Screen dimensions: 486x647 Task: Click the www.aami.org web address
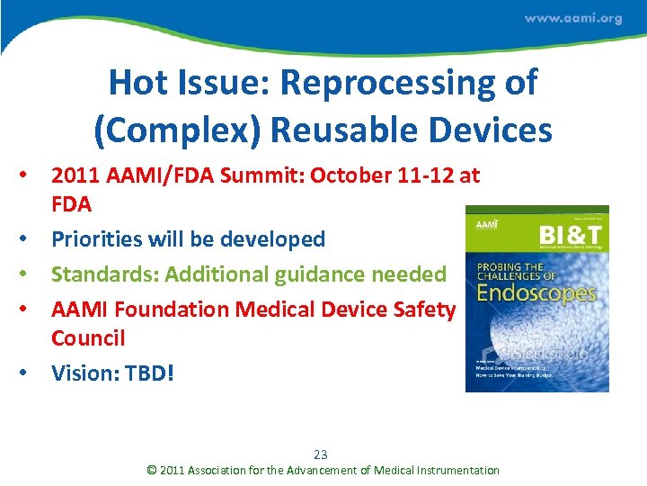pos(572,19)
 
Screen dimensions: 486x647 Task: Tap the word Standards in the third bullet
pos(101,274)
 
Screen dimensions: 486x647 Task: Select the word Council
pos(88,338)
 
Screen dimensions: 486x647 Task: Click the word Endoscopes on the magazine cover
pos(536,292)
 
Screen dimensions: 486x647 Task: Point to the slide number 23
pos(322,454)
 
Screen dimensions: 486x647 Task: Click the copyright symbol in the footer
pos(152,470)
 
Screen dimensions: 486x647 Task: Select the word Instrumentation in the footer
pos(455,470)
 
